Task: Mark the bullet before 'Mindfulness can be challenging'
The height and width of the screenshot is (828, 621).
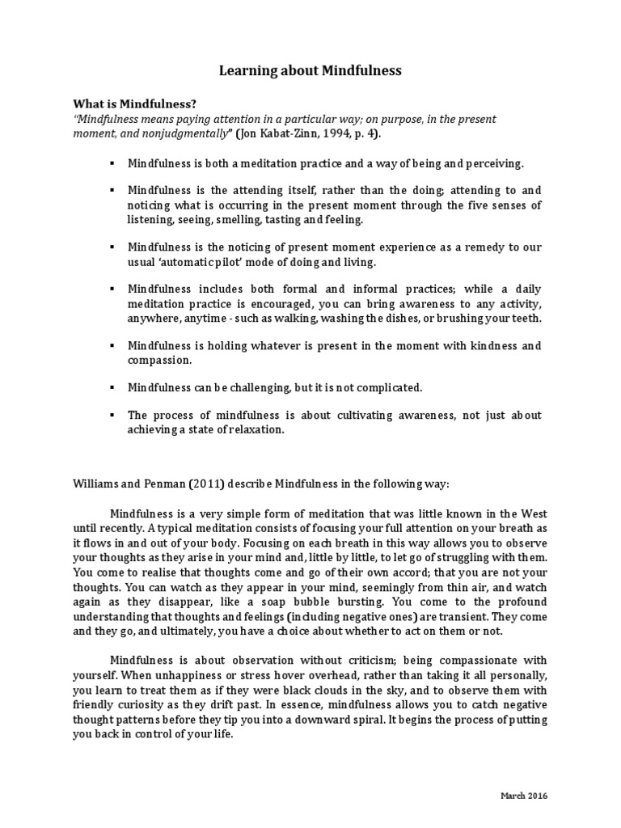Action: click(x=112, y=387)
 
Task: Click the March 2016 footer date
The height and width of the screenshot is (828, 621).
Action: click(x=523, y=796)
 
